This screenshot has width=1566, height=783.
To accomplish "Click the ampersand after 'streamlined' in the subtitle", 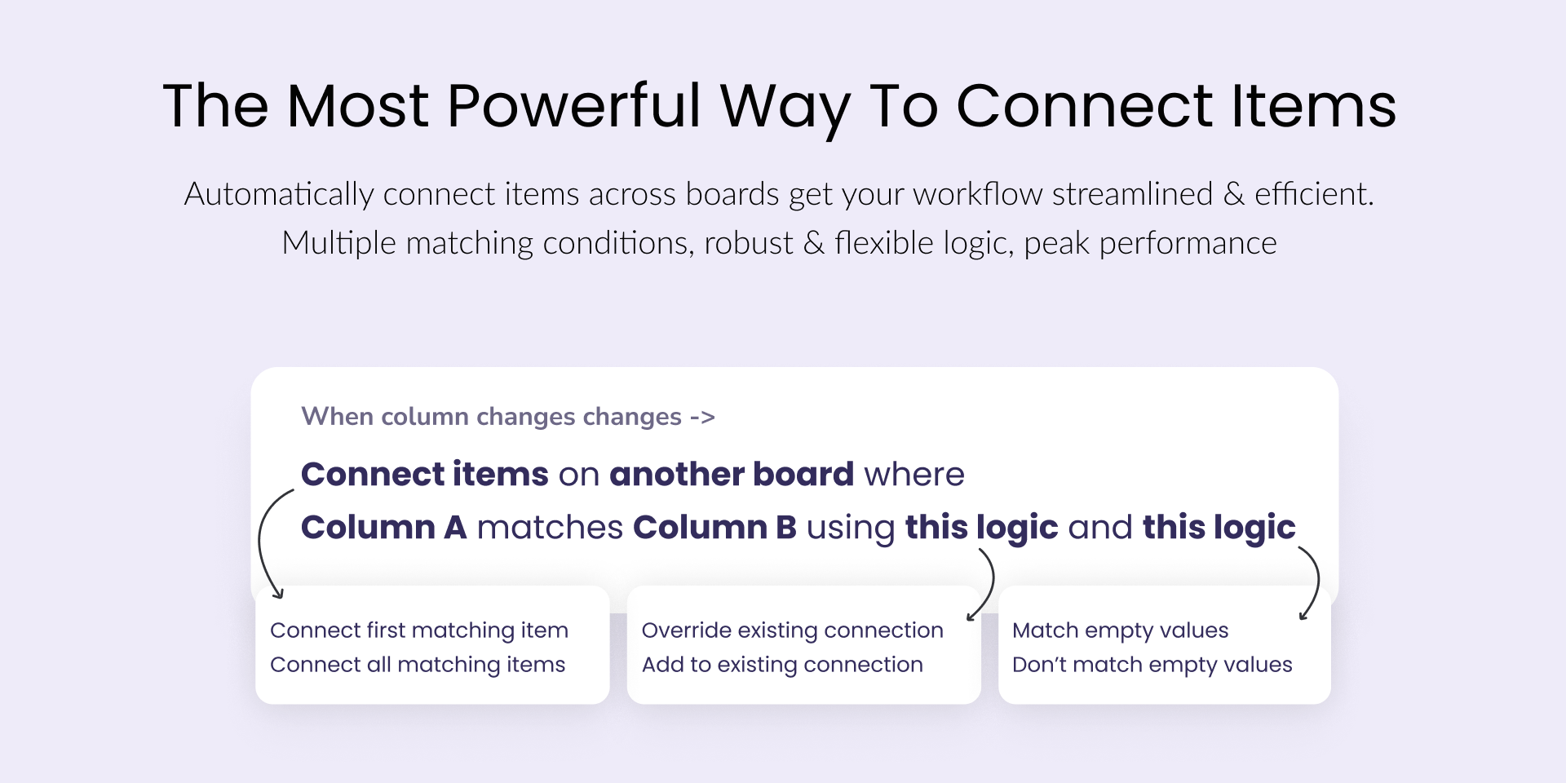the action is pyautogui.click(x=1234, y=194).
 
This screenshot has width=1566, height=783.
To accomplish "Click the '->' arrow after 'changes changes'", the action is pyautogui.click(x=702, y=418).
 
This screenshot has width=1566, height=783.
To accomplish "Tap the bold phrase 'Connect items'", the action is pyautogui.click(x=425, y=474).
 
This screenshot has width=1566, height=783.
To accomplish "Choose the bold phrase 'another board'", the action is pyautogui.click(x=732, y=474).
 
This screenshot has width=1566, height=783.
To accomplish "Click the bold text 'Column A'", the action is pyautogui.click(x=384, y=527).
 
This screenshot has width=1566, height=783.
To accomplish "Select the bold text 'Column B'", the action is pyautogui.click(x=714, y=527).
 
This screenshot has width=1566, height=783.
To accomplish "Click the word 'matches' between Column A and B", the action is pyautogui.click(x=550, y=527).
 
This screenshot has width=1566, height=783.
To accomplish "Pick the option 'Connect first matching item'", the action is pyautogui.click(x=419, y=630).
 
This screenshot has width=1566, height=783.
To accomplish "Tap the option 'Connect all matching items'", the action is pyautogui.click(x=418, y=665).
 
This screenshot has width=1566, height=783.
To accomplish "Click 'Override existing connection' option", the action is pyautogui.click(x=793, y=630).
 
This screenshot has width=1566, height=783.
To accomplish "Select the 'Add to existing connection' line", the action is pyautogui.click(x=782, y=665).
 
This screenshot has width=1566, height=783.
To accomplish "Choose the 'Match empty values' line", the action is pyautogui.click(x=1120, y=630).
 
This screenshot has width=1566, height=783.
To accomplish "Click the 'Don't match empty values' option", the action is pyautogui.click(x=1152, y=665).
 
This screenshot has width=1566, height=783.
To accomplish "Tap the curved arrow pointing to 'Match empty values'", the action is pyautogui.click(x=1317, y=581).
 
